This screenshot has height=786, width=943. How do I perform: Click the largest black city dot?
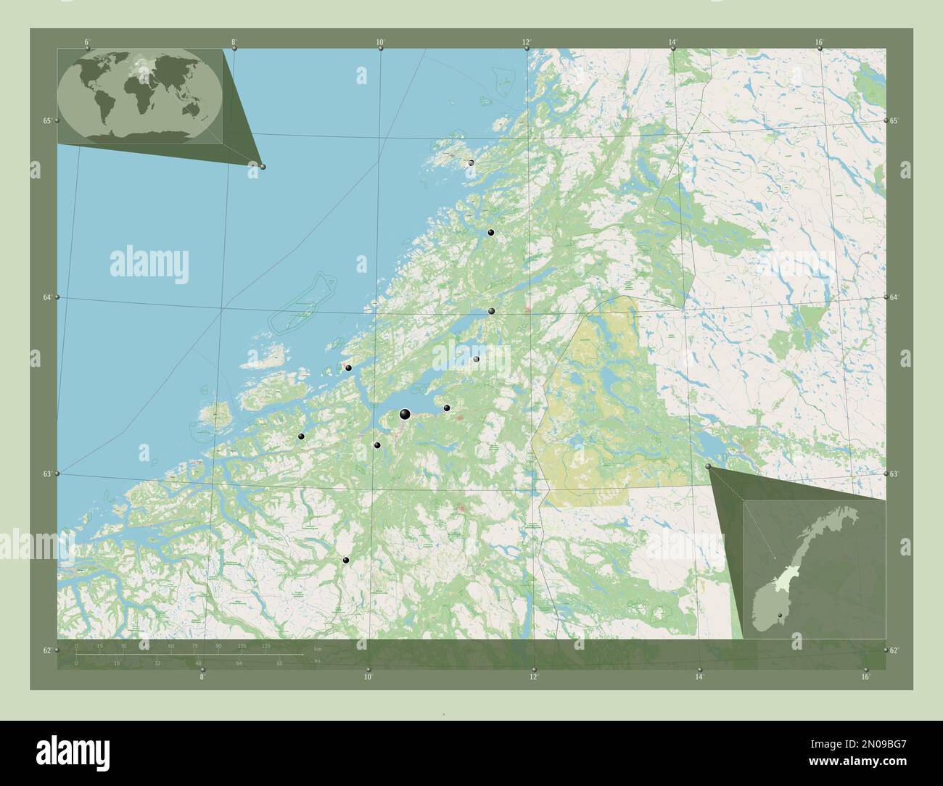point(405,414)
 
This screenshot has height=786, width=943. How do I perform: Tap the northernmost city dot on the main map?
point(471,163)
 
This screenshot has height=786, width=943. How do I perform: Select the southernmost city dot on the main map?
point(346,560)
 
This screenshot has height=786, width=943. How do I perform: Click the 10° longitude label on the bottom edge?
point(368,677)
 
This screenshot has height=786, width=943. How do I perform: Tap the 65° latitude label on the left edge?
point(46,120)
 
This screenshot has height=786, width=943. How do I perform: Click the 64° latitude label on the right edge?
point(894,297)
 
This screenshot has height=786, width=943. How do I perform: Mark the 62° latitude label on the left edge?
point(46,650)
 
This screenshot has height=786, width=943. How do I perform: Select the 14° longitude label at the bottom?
point(699,677)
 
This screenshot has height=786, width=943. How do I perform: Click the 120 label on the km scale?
point(265,645)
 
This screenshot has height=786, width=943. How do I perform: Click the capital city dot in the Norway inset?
point(780,616)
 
